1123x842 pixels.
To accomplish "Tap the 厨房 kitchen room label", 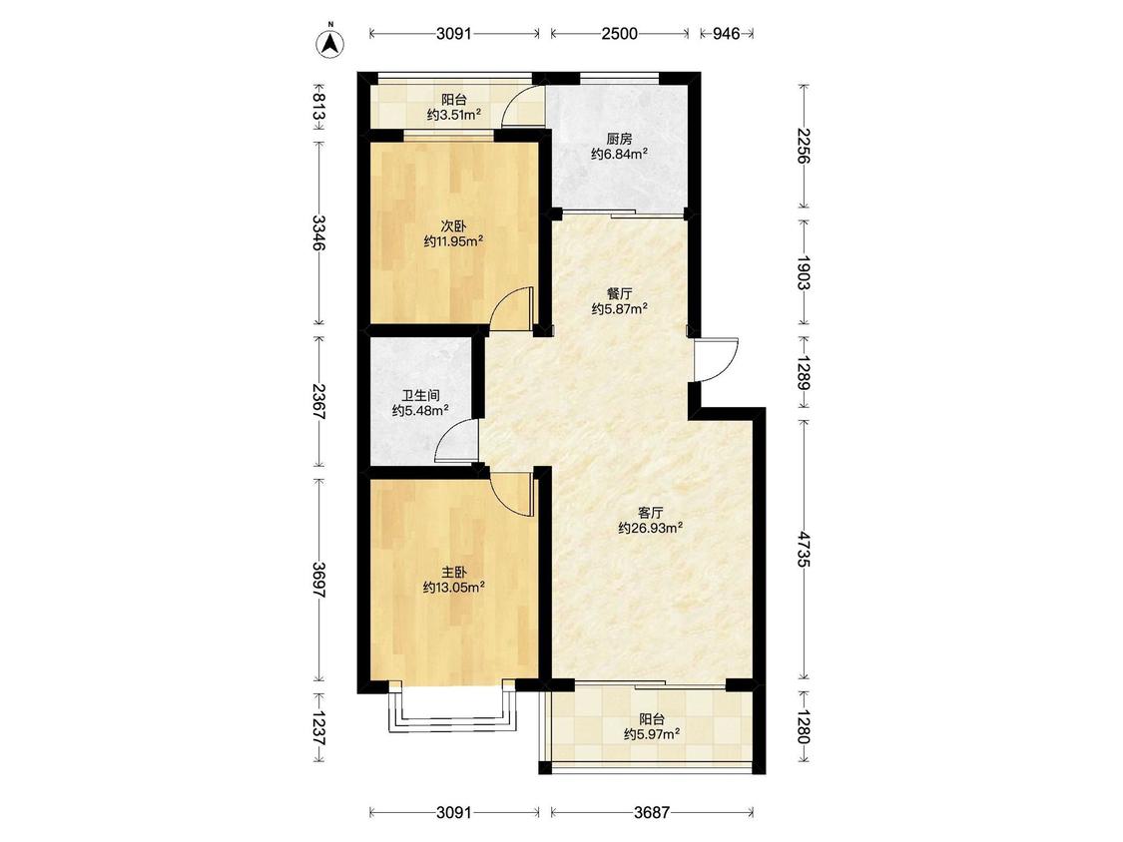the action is click(x=619, y=139).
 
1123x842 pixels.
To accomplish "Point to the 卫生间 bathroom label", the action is click(x=420, y=395).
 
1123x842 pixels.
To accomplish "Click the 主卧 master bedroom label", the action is click(x=453, y=572).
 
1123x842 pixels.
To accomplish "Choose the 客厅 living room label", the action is click(x=650, y=513).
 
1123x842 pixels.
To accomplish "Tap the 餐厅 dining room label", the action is click(x=620, y=293).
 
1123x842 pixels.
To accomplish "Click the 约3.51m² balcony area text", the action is click(x=453, y=115).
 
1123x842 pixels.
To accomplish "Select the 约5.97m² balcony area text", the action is click(x=652, y=734).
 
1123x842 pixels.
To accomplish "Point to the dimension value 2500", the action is click(x=619, y=33).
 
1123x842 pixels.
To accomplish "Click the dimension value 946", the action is click(x=727, y=33).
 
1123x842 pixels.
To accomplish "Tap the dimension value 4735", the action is click(x=805, y=550).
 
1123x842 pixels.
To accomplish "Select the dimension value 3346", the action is click(x=319, y=232).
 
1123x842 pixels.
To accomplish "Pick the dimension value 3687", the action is click(x=652, y=813).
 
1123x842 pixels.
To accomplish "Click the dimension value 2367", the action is click(x=319, y=402).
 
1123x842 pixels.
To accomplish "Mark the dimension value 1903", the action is click(x=805, y=272).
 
